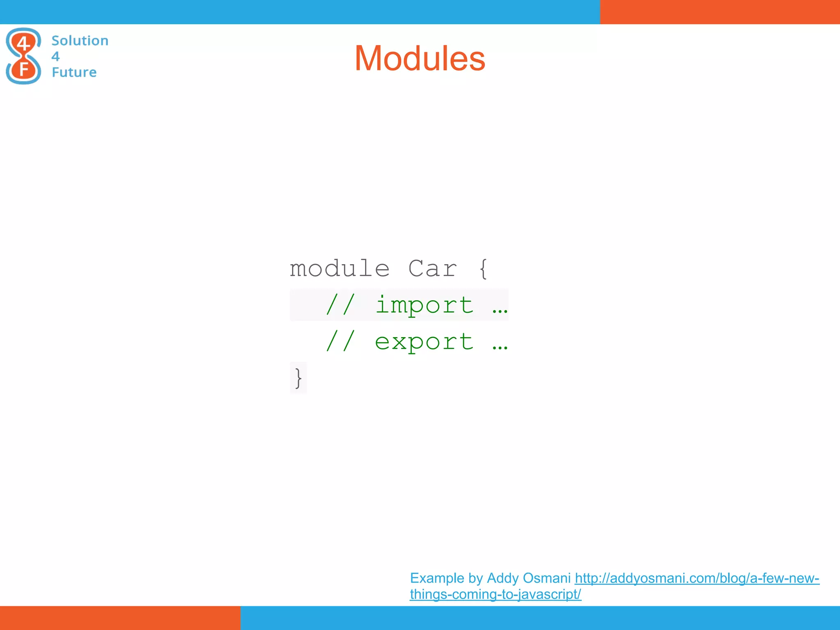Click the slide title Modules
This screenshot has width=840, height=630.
pyautogui.click(x=420, y=58)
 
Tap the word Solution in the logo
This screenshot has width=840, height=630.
pyautogui.click(x=80, y=41)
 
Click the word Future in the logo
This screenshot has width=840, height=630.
pyautogui.click(x=74, y=72)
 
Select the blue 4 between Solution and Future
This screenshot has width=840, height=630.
pyautogui.click(x=56, y=56)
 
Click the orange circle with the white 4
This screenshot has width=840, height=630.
pyautogui.click(x=23, y=43)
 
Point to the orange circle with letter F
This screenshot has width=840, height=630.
pyautogui.click(x=23, y=69)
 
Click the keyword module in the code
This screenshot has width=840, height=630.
pyautogui.click(x=340, y=269)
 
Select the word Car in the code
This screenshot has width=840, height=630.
pyautogui.click(x=432, y=269)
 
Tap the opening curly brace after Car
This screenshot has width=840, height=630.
pyautogui.click(x=484, y=269)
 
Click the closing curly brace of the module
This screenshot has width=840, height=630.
pyautogui.click(x=298, y=378)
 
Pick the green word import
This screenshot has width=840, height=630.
pyautogui.click(x=425, y=305)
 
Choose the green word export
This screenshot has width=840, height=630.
pyautogui.click(x=425, y=342)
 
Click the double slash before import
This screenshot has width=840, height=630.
pyautogui.click(x=340, y=305)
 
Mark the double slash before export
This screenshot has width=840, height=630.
pyautogui.click(x=340, y=342)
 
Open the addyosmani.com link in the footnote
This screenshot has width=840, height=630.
pyautogui.click(x=696, y=578)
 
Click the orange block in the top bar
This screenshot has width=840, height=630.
pyautogui.click(x=720, y=12)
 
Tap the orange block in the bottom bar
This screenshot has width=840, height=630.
pyautogui.click(x=120, y=618)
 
